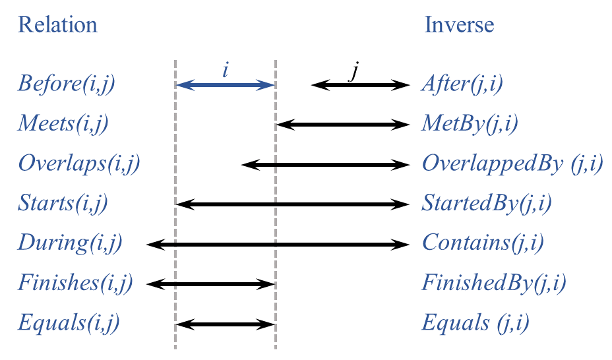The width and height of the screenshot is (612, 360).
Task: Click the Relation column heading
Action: [x=57, y=25]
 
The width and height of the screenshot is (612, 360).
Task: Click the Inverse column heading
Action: [x=459, y=25]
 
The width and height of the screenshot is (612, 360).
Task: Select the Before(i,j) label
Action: [x=66, y=84]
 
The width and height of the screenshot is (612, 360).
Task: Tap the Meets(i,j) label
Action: [x=63, y=123]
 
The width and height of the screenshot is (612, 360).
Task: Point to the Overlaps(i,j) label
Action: [x=79, y=163]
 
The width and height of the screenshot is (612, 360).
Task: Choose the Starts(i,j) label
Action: [x=63, y=203]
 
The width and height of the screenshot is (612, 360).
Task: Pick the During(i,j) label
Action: [x=69, y=243]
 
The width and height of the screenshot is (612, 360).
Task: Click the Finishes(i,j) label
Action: [x=75, y=284]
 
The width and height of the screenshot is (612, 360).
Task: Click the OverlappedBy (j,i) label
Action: [x=512, y=163]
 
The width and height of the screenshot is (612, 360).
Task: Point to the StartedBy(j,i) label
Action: [x=487, y=203]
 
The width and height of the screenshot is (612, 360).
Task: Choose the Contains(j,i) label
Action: [x=483, y=243]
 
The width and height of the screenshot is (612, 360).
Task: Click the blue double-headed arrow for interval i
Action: [x=225, y=85]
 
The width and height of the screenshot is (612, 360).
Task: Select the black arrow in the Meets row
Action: [x=343, y=124]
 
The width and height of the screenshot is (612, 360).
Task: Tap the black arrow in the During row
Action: [x=277, y=245]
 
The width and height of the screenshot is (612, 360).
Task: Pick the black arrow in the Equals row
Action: [x=225, y=324]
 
